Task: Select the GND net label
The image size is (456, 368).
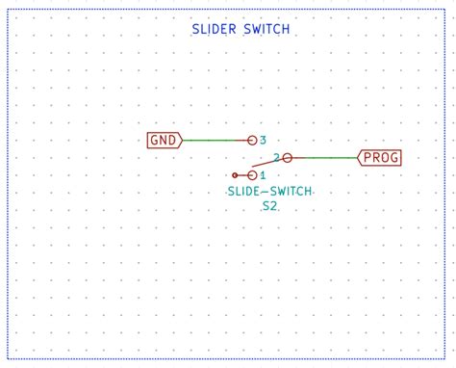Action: (x=164, y=140)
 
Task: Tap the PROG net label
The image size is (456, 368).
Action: (x=380, y=157)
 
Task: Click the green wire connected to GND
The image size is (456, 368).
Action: (x=214, y=140)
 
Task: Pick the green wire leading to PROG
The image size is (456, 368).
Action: (x=323, y=157)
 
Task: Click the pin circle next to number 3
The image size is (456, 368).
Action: (x=252, y=140)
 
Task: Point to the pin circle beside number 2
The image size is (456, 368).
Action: (x=287, y=157)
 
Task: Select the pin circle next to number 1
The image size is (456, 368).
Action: (x=252, y=175)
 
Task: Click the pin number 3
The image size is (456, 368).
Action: (x=263, y=140)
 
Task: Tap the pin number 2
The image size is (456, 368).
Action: (x=276, y=157)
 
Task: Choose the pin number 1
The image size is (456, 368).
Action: (x=263, y=174)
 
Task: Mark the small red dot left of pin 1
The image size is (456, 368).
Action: (x=235, y=175)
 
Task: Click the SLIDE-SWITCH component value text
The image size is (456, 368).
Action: (x=269, y=192)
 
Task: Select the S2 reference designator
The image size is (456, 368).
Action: (x=270, y=207)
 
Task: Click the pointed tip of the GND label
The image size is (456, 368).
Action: (x=181, y=140)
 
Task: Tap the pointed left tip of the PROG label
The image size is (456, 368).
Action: (x=358, y=157)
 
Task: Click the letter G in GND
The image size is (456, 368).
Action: (x=156, y=140)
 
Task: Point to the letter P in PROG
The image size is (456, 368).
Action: (x=368, y=157)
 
